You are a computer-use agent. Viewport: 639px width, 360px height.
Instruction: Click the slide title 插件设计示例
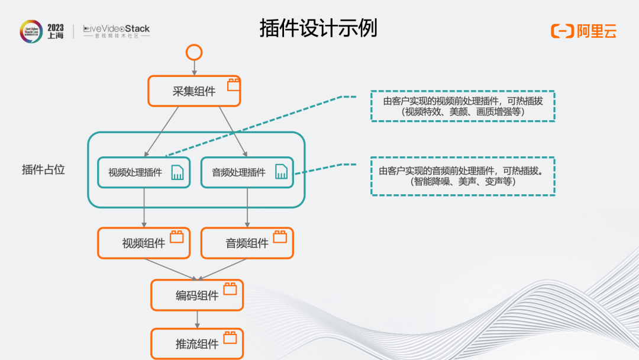[318, 28]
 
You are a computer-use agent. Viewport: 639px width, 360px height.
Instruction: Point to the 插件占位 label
[43, 169]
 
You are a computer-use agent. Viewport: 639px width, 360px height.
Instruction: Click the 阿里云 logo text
[596, 31]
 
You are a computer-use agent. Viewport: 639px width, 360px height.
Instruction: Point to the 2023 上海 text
[56, 31]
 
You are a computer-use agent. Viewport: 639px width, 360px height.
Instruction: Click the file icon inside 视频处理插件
[177, 172]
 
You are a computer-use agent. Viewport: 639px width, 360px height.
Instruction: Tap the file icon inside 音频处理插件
[281, 172]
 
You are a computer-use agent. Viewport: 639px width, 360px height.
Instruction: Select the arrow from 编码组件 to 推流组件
[197, 320]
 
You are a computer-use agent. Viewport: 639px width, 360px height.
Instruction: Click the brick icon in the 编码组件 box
[230, 289]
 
